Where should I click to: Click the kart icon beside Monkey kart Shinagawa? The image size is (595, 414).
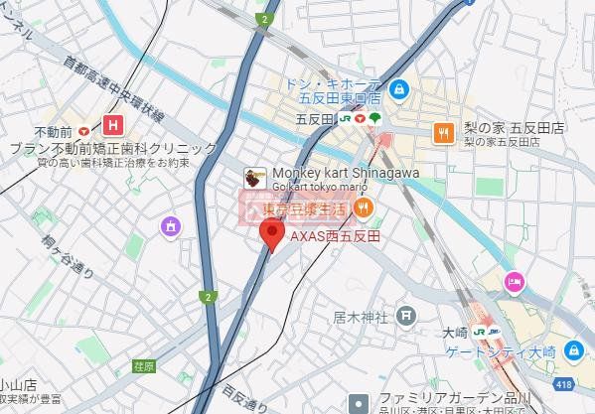(x=255, y=179)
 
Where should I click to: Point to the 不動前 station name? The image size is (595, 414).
(x=53, y=131)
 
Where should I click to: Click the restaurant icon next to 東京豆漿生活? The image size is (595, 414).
(x=364, y=207)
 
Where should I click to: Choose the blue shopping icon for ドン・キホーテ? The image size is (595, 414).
(x=398, y=90)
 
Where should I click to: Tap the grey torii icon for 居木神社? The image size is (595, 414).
(x=406, y=317)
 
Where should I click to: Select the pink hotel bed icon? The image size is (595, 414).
(x=514, y=283)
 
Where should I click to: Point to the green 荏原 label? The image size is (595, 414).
(x=143, y=366)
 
